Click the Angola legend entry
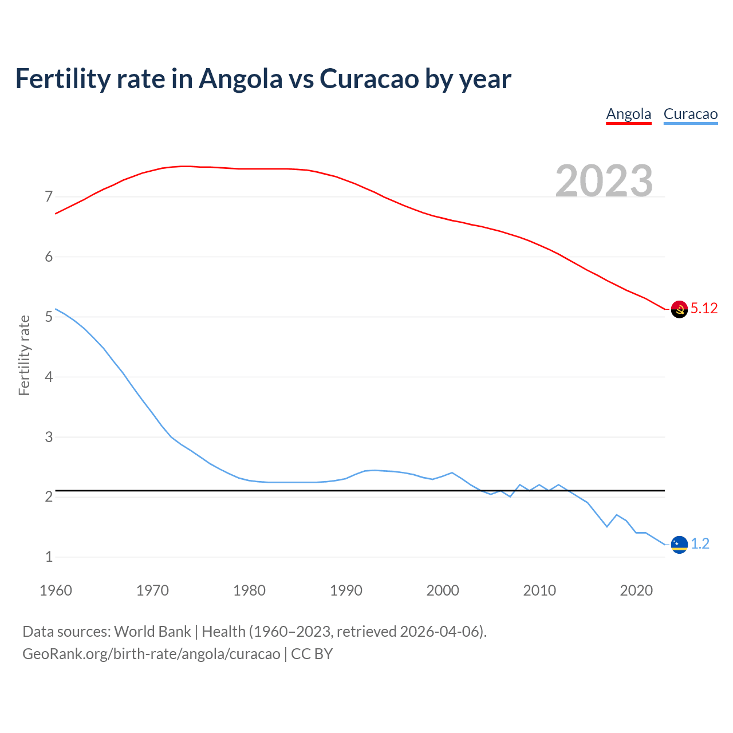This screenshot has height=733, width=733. pos(629,114)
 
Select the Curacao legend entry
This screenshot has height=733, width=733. pos(690,114)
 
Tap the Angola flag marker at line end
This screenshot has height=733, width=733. pos(679,309)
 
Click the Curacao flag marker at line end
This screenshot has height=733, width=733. pos(679,545)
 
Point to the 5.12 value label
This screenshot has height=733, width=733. pos(704,309)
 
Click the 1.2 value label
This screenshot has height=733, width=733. pos(700,544)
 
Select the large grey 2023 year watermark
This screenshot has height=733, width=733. pos(604,181)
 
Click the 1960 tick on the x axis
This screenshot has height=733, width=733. pos(56,590)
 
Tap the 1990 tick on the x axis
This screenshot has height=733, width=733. pos(346,590)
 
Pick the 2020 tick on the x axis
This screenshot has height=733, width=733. pos(636,590)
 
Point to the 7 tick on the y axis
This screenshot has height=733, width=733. pos(49,197)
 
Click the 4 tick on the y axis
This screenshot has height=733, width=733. pos(49,377)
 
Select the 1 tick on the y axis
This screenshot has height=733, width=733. pos(49,557)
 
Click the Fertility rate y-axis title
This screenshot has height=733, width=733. pos(24,355)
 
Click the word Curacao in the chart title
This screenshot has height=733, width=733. pos(369,79)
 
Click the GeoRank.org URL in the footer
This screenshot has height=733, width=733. pos(151,654)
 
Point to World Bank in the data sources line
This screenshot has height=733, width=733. pos(152,632)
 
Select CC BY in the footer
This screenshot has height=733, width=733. pos(312,654)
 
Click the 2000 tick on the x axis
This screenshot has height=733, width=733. pos(443,590)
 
